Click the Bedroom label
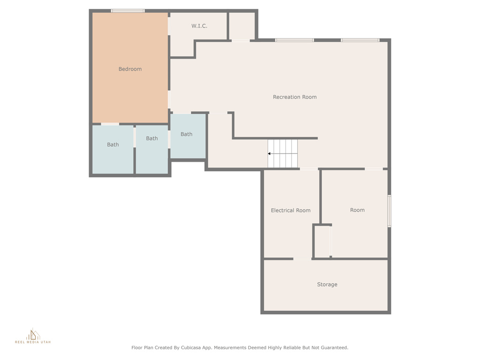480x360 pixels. (x=130, y=69)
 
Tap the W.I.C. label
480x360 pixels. (x=199, y=26)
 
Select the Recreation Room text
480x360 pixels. (x=295, y=97)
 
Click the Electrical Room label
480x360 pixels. (x=291, y=210)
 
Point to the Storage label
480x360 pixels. (x=327, y=285)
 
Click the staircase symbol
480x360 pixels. (x=283, y=154)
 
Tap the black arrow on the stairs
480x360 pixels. (x=269, y=154)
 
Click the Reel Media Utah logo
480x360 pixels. (x=33, y=336)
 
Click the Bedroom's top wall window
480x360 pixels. (x=127, y=11)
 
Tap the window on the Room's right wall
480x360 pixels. (x=390, y=211)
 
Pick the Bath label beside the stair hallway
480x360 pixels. (x=187, y=134)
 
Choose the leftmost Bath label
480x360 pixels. (x=112, y=144)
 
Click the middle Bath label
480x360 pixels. (x=152, y=138)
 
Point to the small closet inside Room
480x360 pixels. (x=322, y=241)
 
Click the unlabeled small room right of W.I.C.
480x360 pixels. (x=242, y=26)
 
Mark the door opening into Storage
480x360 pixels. (x=302, y=259)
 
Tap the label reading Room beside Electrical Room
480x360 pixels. (x=357, y=210)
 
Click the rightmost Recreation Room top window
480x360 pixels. (x=360, y=40)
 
